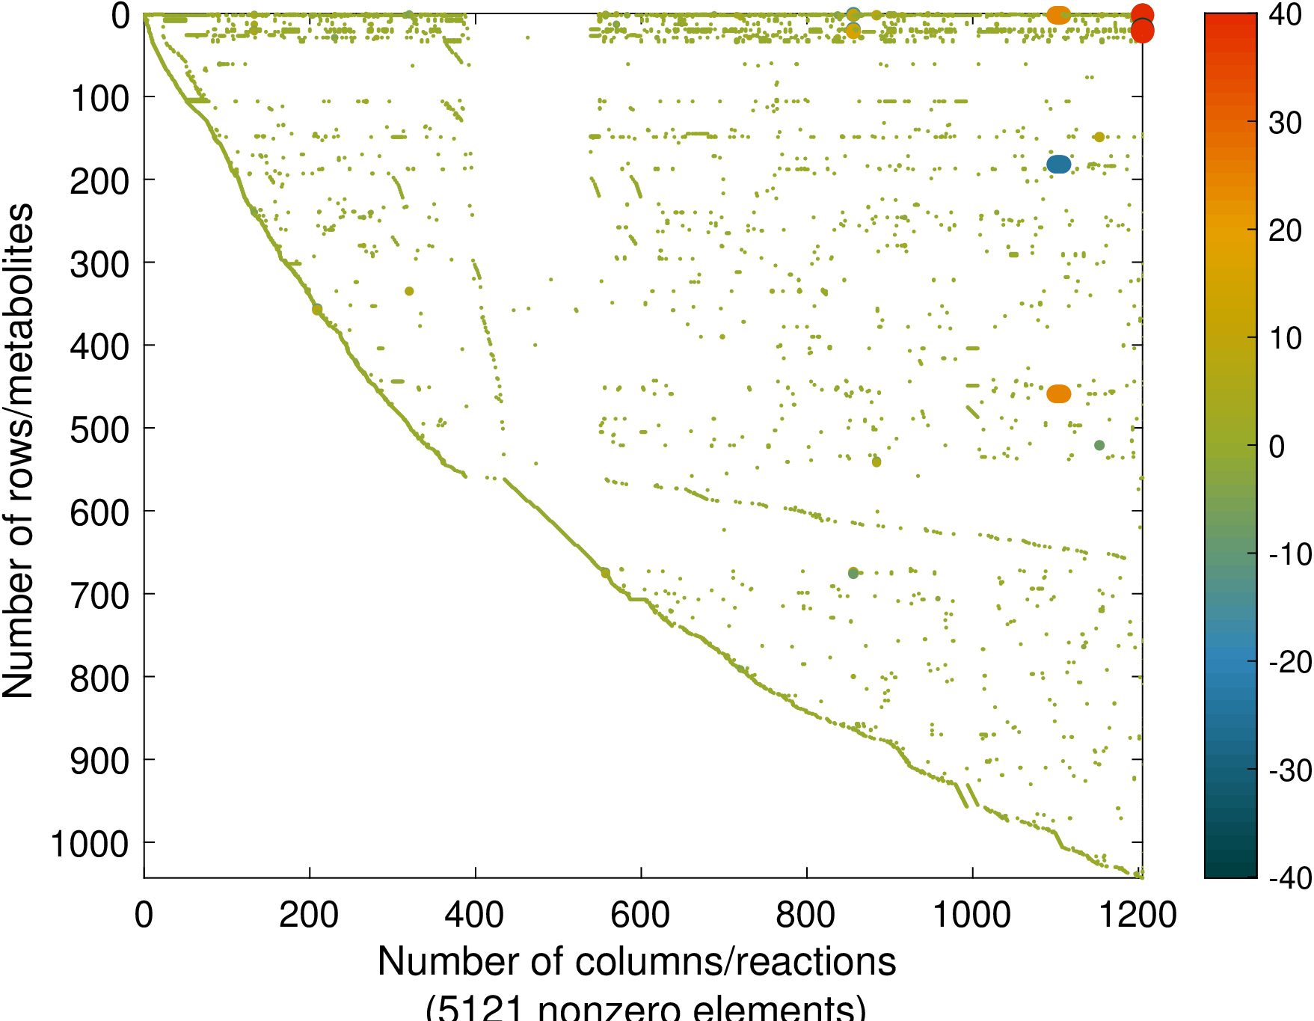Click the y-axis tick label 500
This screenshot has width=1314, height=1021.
[x=99, y=429]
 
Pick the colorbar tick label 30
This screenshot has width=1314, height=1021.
[x=1286, y=123]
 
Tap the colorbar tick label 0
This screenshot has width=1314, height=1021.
[x=1277, y=447]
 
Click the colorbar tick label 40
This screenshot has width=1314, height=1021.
[x=1286, y=15]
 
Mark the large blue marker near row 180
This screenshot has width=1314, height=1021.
[x=1058, y=165]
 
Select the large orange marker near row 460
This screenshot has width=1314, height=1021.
[x=1058, y=393]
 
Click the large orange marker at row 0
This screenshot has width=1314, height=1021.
[x=1058, y=14]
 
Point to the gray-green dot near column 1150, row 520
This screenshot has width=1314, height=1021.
[x=1099, y=445]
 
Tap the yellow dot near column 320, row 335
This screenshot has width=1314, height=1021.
[x=409, y=291]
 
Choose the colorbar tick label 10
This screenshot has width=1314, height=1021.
[x=1286, y=338]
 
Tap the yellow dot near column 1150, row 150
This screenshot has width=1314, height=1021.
[x=1099, y=137]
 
